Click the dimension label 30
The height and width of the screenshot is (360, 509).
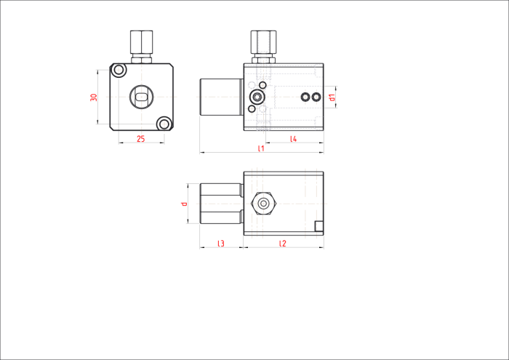click(x=94, y=97)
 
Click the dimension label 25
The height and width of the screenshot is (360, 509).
click(x=140, y=139)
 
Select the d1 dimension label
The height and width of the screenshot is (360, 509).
click(x=332, y=97)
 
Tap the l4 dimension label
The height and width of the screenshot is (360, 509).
click(x=294, y=139)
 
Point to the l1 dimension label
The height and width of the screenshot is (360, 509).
click(x=261, y=148)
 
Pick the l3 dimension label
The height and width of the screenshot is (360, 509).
click(x=221, y=244)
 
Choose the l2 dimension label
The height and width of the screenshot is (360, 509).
click(x=283, y=244)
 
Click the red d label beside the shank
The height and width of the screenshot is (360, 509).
click(x=185, y=204)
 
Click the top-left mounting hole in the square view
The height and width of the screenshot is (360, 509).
click(x=119, y=70)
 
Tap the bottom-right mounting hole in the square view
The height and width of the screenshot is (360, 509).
click(x=164, y=124)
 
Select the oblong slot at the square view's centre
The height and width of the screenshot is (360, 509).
click(x=142, y=97)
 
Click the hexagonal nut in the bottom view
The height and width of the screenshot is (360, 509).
click(x=263, y=204)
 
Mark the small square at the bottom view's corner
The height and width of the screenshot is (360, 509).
click(x=319, y=226)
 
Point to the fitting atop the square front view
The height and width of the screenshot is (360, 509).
click(x=142, y=47)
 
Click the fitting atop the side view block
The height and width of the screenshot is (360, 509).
click(x=263, y=47)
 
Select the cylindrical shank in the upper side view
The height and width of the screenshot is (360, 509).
click(x=221, y=97)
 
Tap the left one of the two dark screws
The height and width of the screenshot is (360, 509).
click(x=305, y=97)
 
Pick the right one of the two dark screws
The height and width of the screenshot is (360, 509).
click(x=316, y=97)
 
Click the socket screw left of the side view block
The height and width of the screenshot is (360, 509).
click(x=257, y=97)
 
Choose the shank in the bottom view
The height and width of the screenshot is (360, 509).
click(x=221, y=204)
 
